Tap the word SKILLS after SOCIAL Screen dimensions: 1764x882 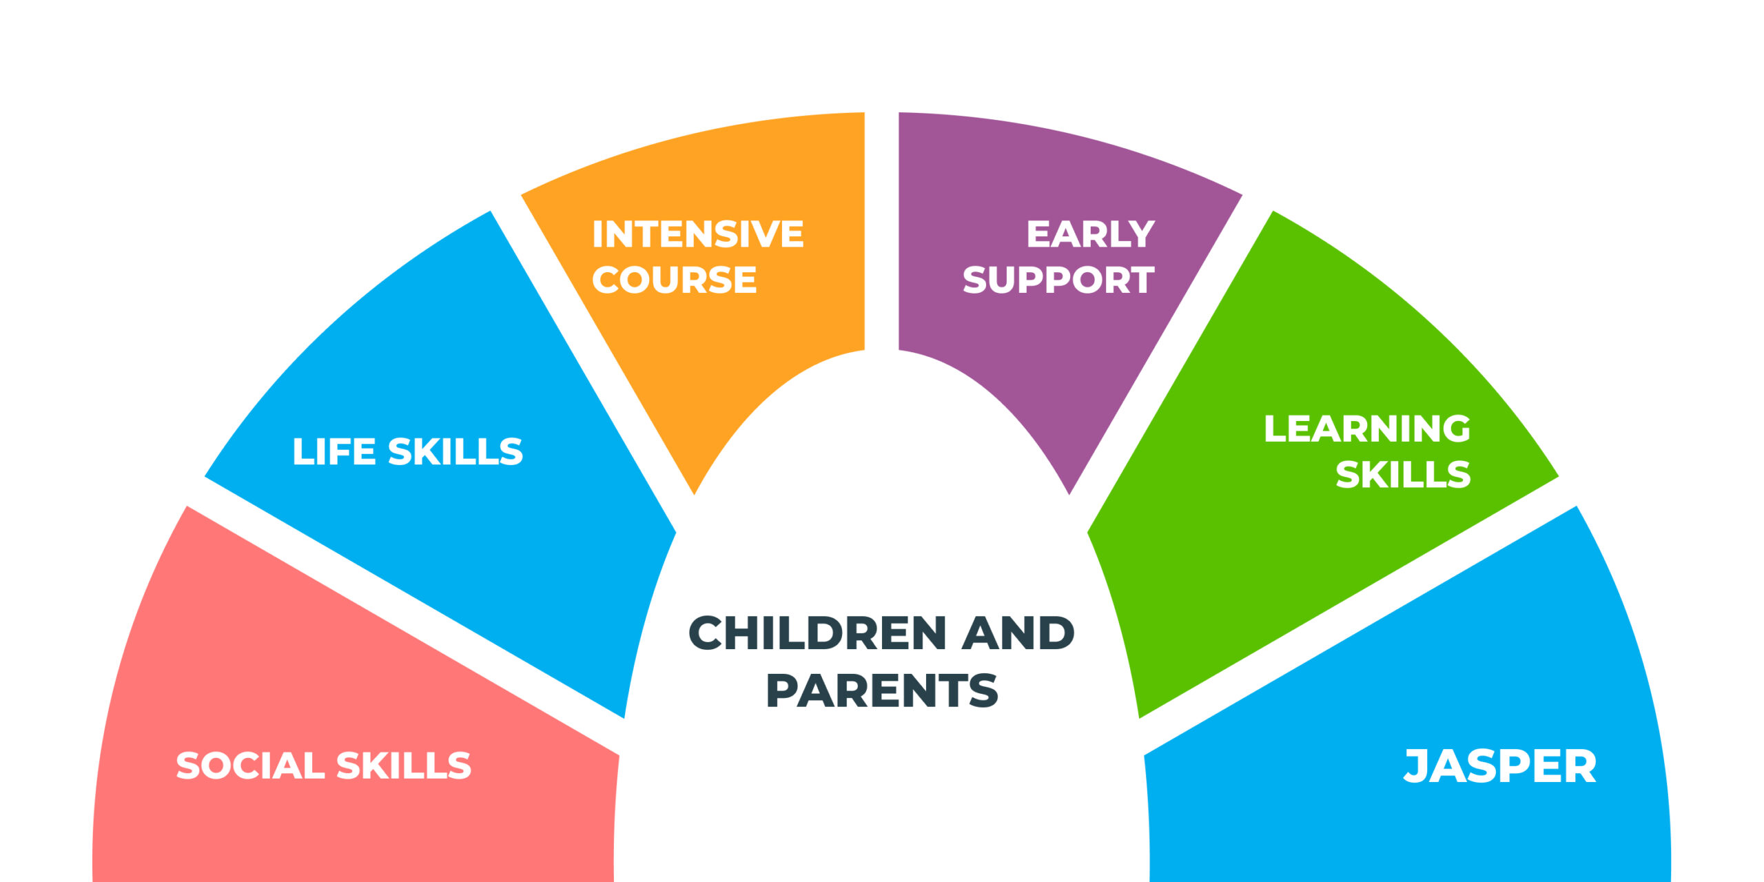pos(403,766)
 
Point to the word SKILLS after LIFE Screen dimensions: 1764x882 pos(455,451)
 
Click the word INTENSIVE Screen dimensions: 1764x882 pos(698,234)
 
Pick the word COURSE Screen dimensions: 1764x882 pos(674,279)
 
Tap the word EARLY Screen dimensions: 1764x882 pos(1090,234)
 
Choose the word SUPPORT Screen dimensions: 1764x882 pos(1058,279)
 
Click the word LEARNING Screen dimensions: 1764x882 pos(1367,429)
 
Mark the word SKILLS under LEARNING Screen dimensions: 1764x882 pos(1403,474)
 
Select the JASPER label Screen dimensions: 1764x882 pos(1500,766)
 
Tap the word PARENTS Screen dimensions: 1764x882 pos(882,690)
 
